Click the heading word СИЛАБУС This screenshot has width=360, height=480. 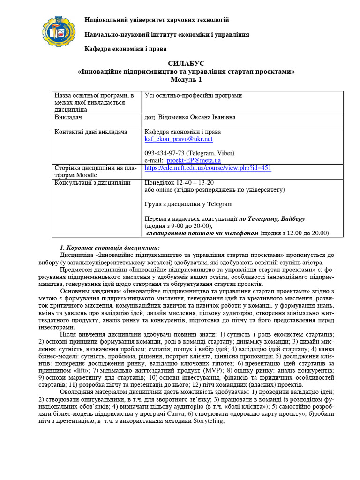tap(186, 63)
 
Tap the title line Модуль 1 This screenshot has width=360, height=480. tap(186, 79)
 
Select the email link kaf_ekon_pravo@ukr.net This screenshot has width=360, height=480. tap(179, 139)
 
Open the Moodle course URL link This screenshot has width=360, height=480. tap(208, 168)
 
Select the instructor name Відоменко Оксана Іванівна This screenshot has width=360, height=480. tap(190, 117)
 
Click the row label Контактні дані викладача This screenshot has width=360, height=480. tap(91, 132)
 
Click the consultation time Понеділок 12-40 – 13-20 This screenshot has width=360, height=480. tap(179, 183)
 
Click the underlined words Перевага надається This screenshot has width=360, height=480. tap(172, 219)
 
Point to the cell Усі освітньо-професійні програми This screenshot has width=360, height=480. tap(193, 96)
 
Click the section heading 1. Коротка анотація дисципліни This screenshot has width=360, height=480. tap(110, 247)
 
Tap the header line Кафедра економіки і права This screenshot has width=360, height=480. tap(125, 49)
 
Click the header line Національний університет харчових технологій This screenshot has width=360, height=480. tap(157, 20)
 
